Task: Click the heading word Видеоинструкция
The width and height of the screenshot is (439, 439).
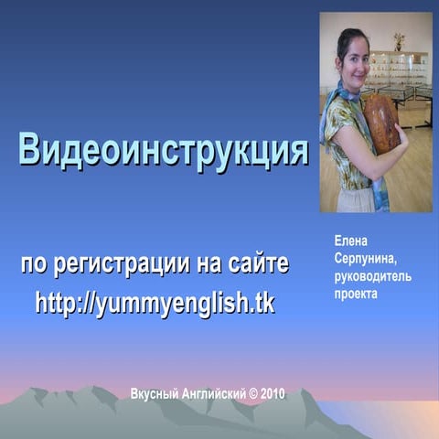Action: pos(164,150)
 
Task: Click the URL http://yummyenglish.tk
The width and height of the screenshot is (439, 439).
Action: pos(155,303)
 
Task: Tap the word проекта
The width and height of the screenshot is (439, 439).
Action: pos(356,294)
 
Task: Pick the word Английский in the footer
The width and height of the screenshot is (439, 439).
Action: pos(214,393)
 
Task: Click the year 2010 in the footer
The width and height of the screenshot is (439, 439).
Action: pos(273,393)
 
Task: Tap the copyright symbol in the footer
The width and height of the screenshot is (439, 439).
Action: pos(252,393)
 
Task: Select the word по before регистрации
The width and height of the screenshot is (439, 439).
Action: pos(33,265)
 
